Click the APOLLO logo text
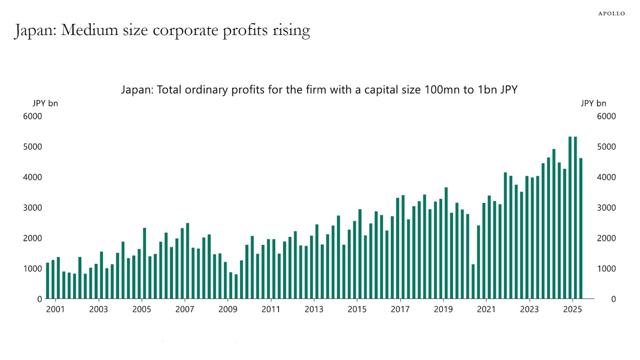[611, 14]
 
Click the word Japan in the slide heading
[34, 30]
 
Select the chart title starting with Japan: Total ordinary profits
[319, 90]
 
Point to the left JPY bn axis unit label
[45, 103]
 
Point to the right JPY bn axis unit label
[593, 103]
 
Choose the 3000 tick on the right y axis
[606, 208]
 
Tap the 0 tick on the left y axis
[40, 299]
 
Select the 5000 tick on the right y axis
[606, 147]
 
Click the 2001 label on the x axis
[55, 309]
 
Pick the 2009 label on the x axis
[228, 309]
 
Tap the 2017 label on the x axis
[400, 309]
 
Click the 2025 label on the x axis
[572, 309]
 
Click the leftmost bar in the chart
[47, 280]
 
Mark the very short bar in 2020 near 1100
[473, 281]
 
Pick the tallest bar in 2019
[446, 243]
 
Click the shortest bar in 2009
[236, 286]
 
